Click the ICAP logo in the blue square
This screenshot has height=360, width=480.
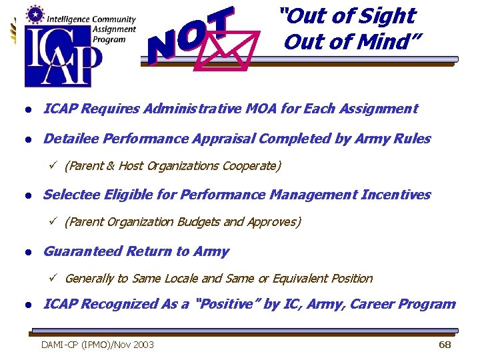pyautogui.click(x=63, y=57)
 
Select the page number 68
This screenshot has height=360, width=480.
pyautogui.click(x=445, y=344)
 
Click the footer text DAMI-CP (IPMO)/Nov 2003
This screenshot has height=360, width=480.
pyautogui.click(x=97, y=345)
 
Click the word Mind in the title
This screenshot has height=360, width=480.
pyautogui.click(x=386, y=41)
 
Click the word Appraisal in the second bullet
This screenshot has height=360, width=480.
pyautogui.click(x=223, y=139)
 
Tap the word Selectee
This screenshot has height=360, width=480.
pyautogui.click(x=71, y=195)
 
